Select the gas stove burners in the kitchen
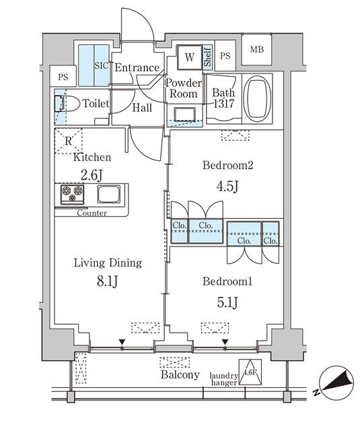point(71,195)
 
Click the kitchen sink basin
point(108,195)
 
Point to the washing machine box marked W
point(189,57)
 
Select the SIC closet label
point(101,65)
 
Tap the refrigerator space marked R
point(68,141)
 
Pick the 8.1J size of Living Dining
point(108,280)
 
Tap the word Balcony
point(180,375)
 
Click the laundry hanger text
point(223,380)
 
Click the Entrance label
point(137,67)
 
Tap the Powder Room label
point(183,88)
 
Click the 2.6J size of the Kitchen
point(92,175)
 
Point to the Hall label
point(142,107)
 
